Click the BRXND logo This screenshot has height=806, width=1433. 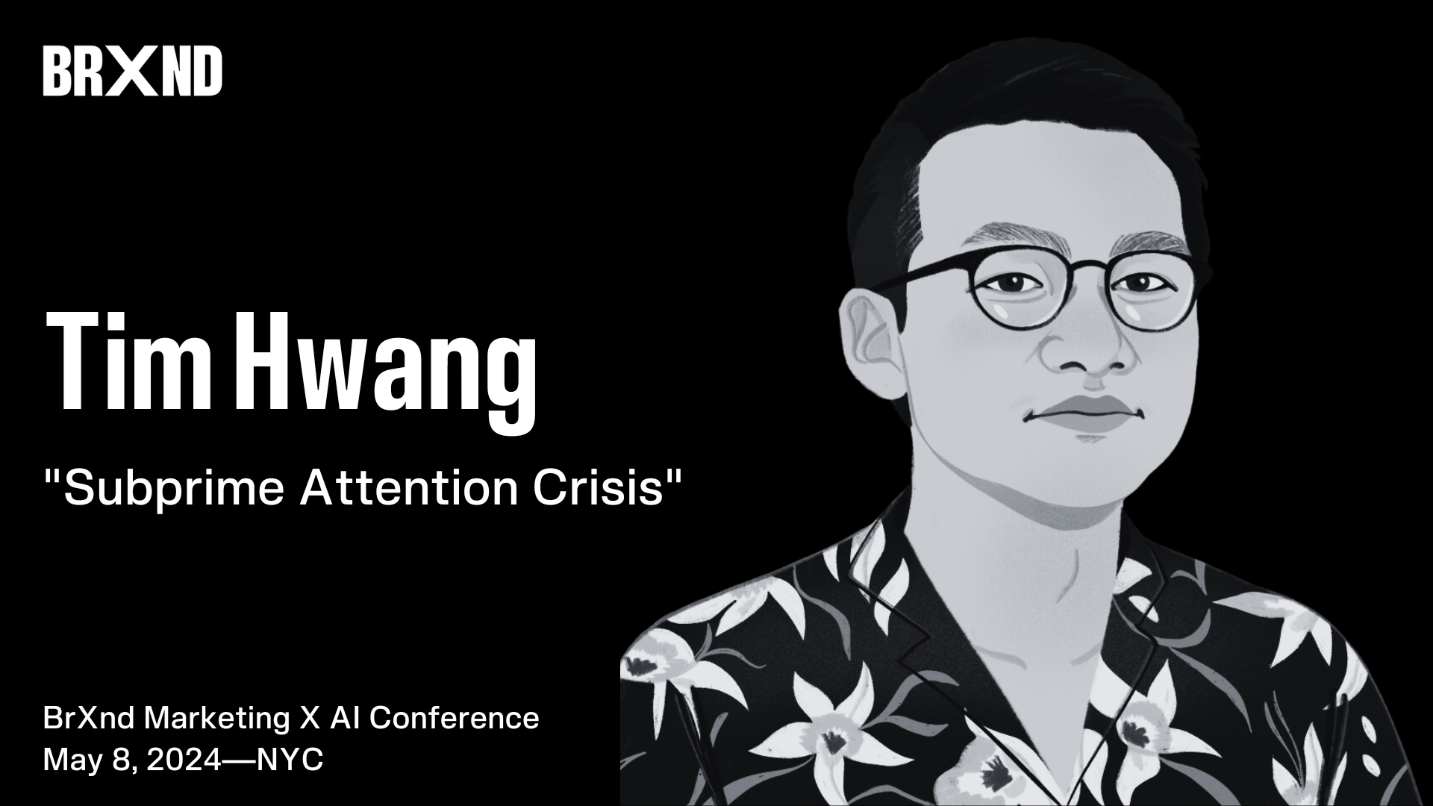pyautogui.click(x=132, y=71)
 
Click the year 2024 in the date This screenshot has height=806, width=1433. pyautogui.click(x=184, y=760)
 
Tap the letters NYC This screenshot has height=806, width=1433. pyautogui.click(x=290, y=760)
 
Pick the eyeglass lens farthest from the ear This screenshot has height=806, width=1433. pyautogui.click(x=1149, y=287)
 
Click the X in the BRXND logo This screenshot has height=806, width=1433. pyautogui.click(x=137, y=71)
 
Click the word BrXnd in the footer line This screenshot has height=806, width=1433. pyautogui.click(x=89, y=718)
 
